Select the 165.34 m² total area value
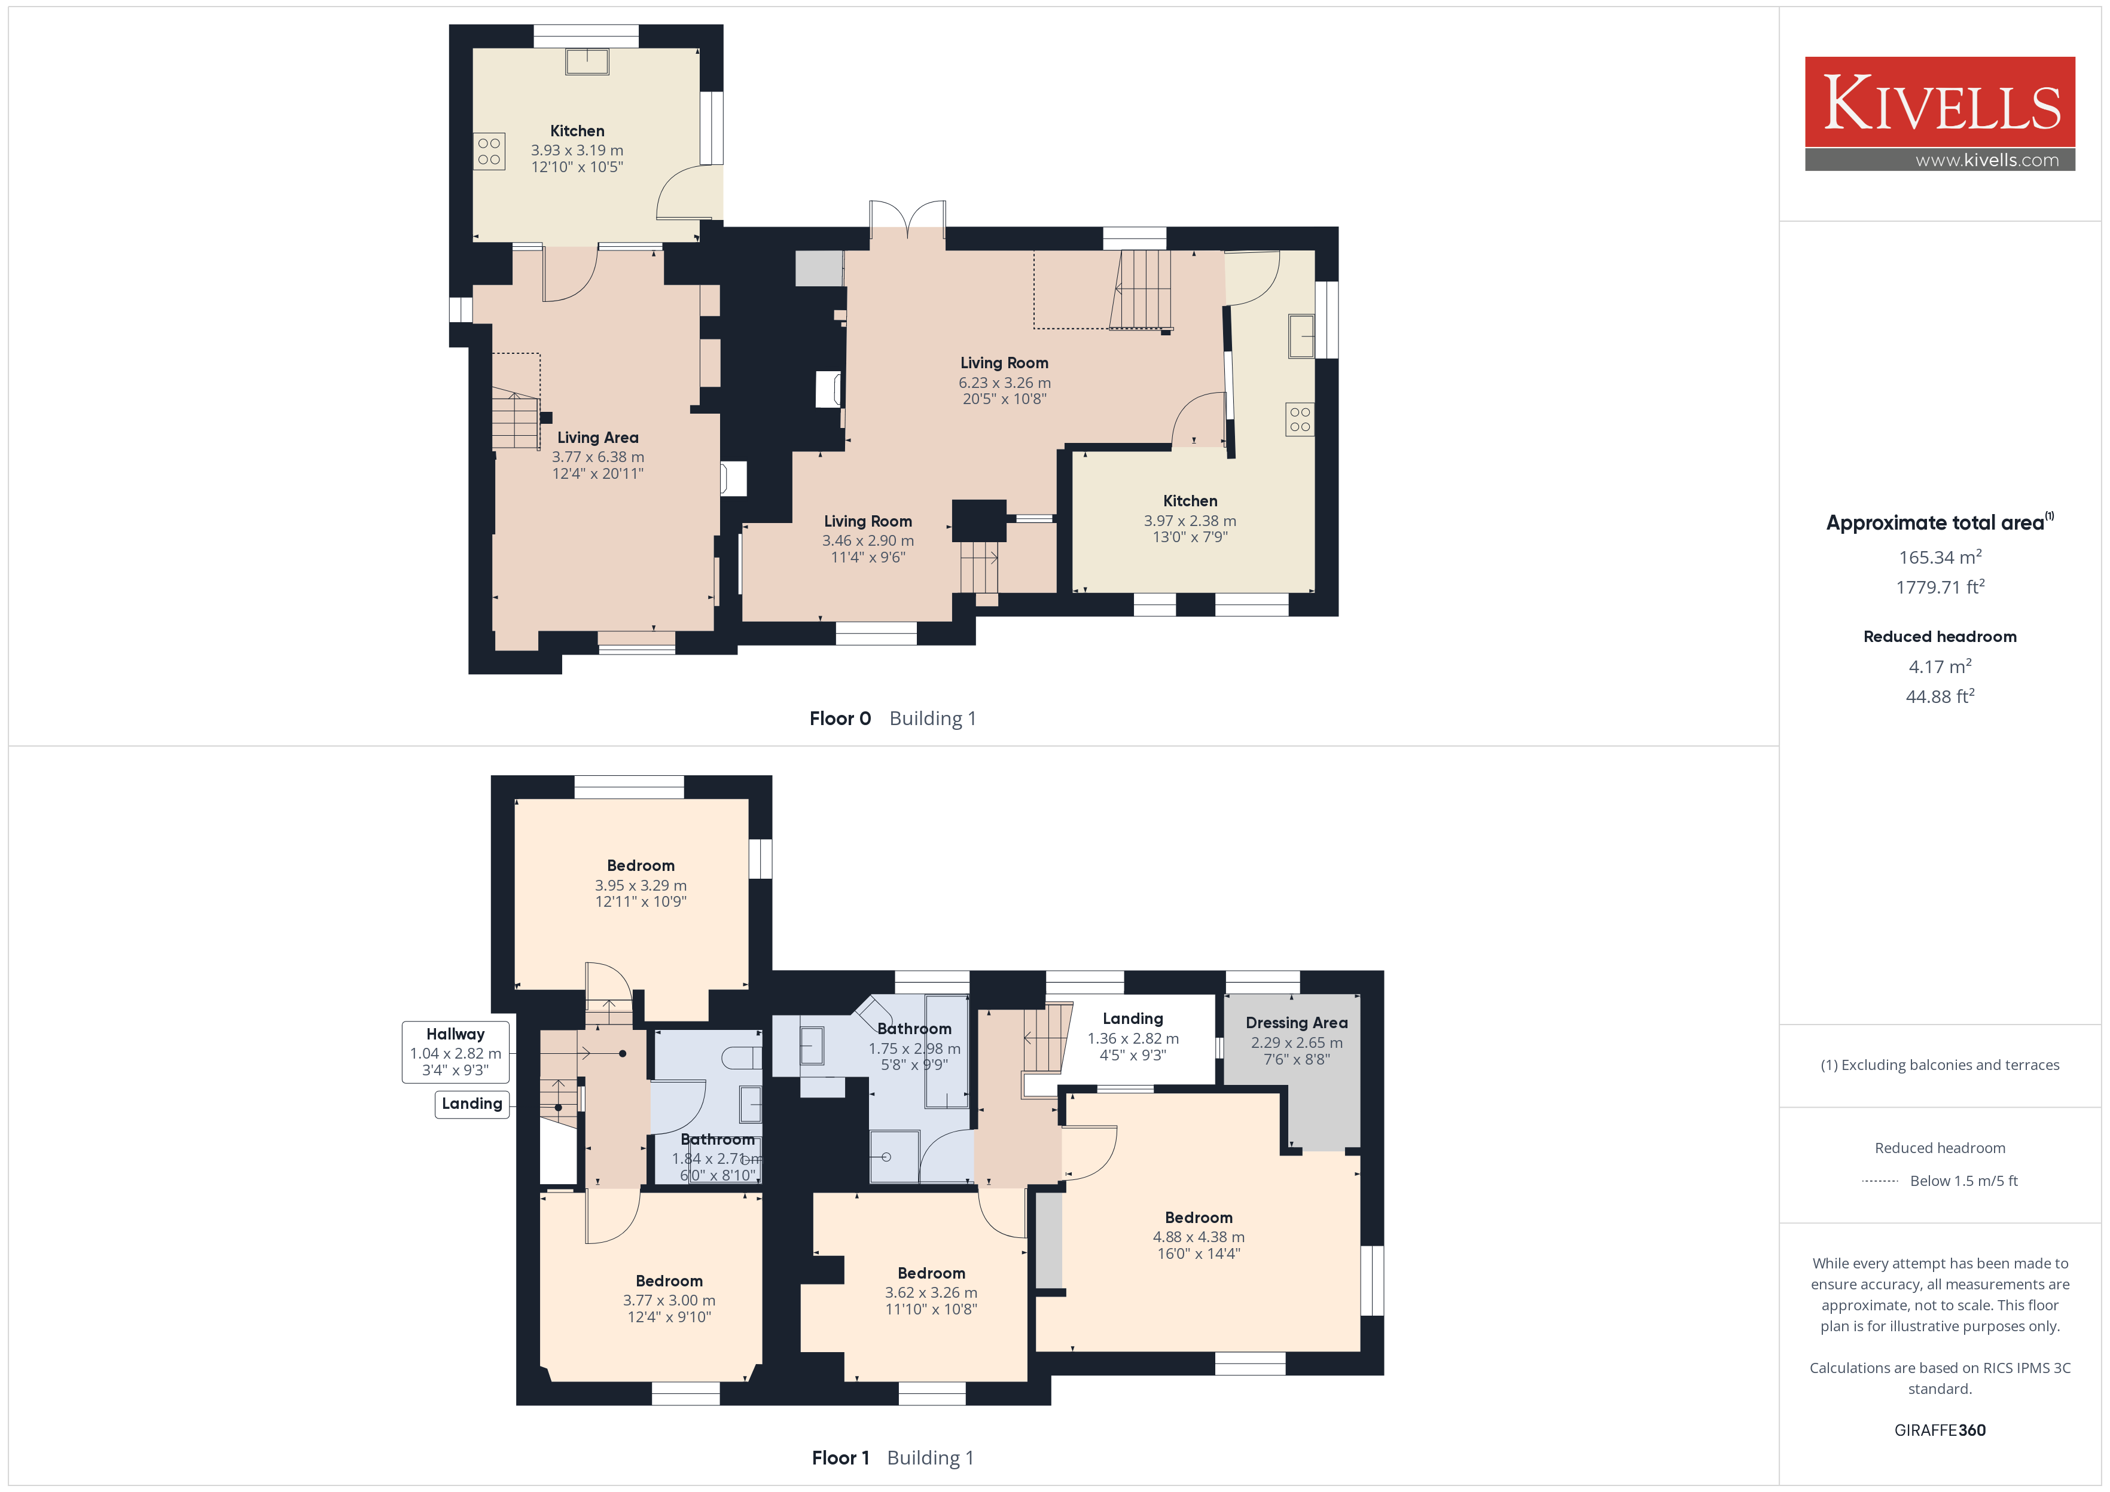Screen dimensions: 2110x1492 [x=1940, y=557]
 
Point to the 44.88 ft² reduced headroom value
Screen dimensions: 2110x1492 [x=1940, y=695]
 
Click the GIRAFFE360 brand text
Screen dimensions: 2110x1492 [x=1940, y=1429]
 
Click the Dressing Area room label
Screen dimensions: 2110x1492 [x=1297, y=1023]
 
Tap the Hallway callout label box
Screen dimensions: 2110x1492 [x=455, y=1052]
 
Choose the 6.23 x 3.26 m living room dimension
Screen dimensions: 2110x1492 [x=1004, y=382]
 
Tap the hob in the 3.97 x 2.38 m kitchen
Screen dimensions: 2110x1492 [x=1300, y=419]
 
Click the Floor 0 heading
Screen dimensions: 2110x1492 [x=840, y=719]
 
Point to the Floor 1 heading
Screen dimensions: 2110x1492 [x=840, y=1458]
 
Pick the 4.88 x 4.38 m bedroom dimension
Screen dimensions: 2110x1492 [x=1199, y=1237]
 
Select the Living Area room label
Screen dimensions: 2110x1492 [x=597, y=438]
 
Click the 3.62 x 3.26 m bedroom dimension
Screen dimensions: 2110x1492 [x=931, y=1292]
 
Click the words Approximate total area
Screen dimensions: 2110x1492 [x=1935, y=523]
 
